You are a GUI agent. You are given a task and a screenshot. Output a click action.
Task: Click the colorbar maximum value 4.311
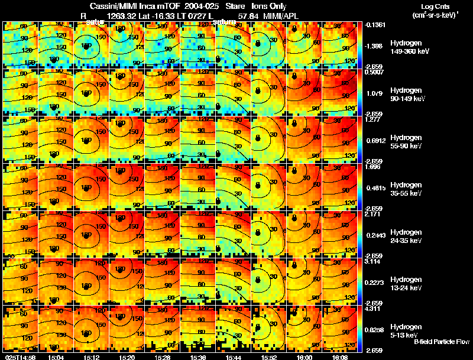374,308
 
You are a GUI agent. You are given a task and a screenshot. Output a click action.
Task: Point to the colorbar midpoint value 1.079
374,93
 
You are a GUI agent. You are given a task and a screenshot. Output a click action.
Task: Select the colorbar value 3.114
374,261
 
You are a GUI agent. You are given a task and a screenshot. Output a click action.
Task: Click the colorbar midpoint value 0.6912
374,141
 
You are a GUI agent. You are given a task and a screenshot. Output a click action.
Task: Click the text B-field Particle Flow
442,342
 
